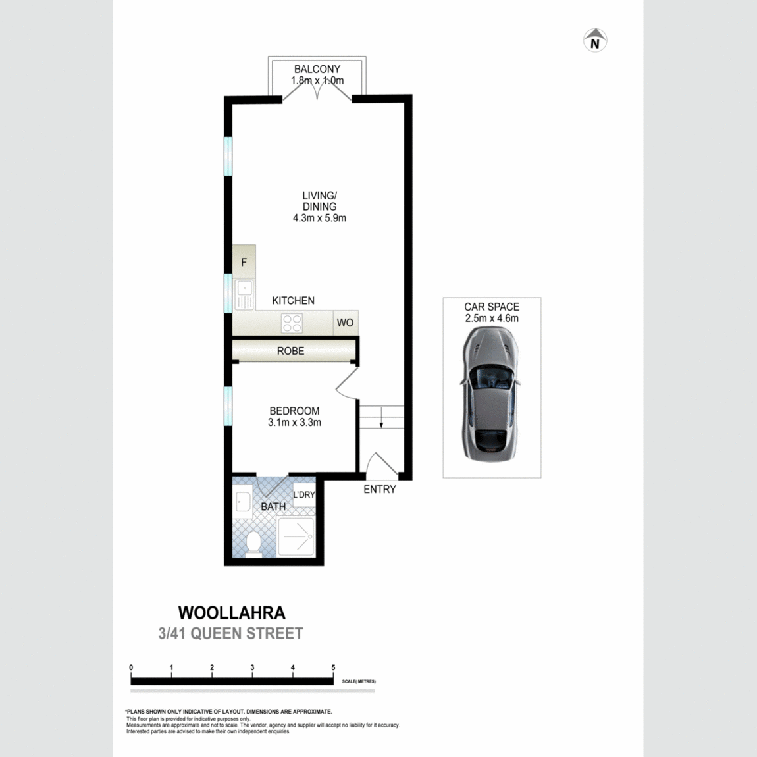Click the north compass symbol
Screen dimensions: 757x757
click(595, 40)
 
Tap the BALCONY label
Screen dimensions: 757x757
click(317, 69)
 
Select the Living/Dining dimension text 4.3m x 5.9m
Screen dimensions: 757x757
click(319, 218)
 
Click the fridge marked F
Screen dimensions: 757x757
click(244, 262)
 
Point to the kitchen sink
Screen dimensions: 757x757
click(244, 294)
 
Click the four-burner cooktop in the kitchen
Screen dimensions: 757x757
click(292, 323)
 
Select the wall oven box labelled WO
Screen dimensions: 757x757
click(345, 323)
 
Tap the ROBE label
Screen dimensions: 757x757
click(291, 351)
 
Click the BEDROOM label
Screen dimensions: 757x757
click(294, 411)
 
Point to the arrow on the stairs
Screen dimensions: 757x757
click(381, 417)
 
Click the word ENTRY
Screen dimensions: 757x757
click(379, 490)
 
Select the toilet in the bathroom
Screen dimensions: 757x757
click(253, 544)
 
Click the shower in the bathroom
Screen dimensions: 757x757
click(296, 536)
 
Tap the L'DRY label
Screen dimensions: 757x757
click(304, 494)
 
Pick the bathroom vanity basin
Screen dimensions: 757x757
click(242, 501)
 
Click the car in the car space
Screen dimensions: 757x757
click(491, 394)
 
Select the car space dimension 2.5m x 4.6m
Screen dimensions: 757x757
click(492, 318)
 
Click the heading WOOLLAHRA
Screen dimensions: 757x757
click(232, 613)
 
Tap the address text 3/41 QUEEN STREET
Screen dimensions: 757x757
click(231, 633)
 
